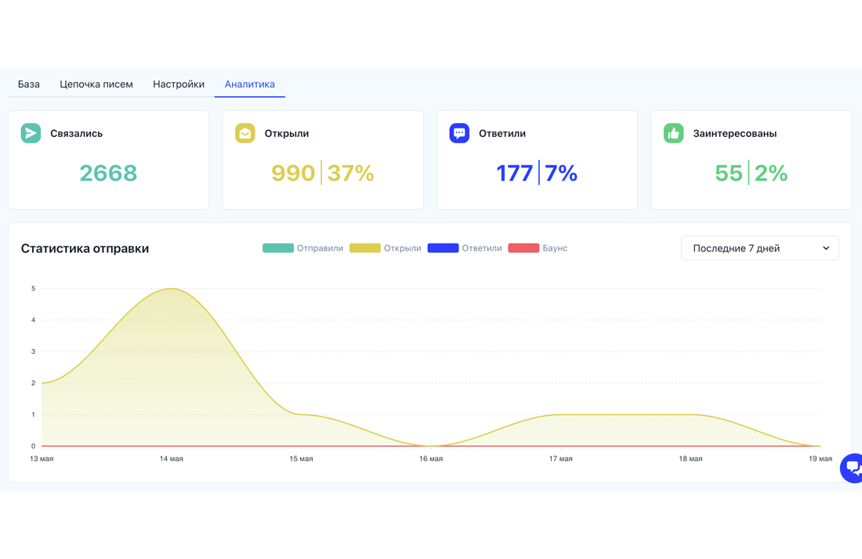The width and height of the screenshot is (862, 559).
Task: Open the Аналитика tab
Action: (249, 84)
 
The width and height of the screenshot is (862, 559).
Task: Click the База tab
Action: (28, 84)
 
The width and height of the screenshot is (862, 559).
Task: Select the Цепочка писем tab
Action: (96, 84)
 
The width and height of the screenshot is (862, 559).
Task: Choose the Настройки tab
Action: (179, 84)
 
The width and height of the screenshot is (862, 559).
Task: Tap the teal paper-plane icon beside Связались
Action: (31, 133)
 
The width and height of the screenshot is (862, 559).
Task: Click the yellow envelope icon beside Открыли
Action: (245, 133)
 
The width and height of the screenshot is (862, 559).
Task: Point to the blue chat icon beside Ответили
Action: (459, 133)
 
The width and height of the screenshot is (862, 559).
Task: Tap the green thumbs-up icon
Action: (673, 133)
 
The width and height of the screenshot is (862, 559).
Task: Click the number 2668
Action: (108, 173)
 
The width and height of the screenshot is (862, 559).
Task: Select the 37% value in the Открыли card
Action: (351, 173)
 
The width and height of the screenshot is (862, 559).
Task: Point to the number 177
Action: (515, 173)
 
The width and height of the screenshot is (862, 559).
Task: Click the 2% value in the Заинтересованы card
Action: (771, 173)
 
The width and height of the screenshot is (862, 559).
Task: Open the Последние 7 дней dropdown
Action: (760, 248)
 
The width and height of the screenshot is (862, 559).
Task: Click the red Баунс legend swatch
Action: (523, 248)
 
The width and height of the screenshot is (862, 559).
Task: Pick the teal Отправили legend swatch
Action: (278, 248)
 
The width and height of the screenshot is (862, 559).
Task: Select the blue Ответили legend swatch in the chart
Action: (443, 248)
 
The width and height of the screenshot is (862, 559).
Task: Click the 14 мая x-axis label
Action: (172, 459)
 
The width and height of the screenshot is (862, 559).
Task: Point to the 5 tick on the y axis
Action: (34, 288)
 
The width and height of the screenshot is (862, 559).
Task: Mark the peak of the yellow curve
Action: (172, 288)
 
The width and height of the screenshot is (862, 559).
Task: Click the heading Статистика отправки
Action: (85, 249)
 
